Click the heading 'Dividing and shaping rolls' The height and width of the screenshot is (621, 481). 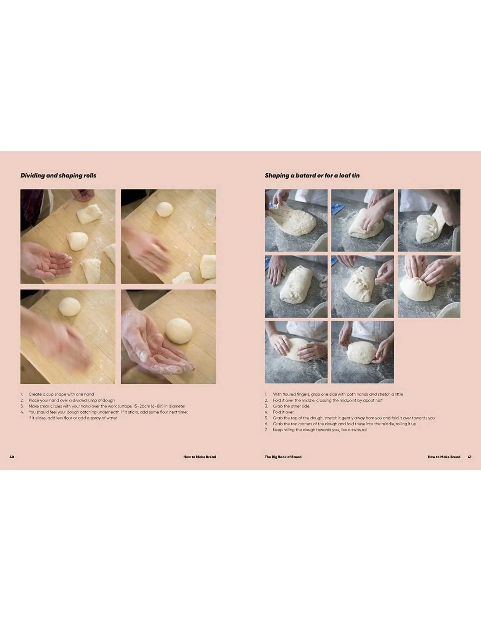click(x=58, y=176)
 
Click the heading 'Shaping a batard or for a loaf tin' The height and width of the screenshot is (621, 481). click(x=312, y=176)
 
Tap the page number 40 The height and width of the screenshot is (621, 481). click(x=12, y=457)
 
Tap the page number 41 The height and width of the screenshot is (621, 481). click(x=470, y=457)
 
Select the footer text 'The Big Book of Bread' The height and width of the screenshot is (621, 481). click(x=283, y=457)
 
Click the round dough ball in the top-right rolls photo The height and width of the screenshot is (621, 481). click(x=164, y=209)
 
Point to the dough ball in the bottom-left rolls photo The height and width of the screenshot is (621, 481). click(x=69, y=307)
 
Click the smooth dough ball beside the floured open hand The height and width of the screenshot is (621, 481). click(x=179, y=331)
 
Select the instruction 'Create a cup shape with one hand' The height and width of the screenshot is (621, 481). click(x=61, y=394)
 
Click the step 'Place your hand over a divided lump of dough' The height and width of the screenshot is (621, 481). click(x=72, y=400)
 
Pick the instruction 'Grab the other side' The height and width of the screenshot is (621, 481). click(x=291, y=406)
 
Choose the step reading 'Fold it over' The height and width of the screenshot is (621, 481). click(x=283, y=412)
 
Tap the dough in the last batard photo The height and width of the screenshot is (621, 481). click(x=362, y=353)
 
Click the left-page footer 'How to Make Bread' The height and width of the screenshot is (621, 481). click(x=200, y=457)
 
